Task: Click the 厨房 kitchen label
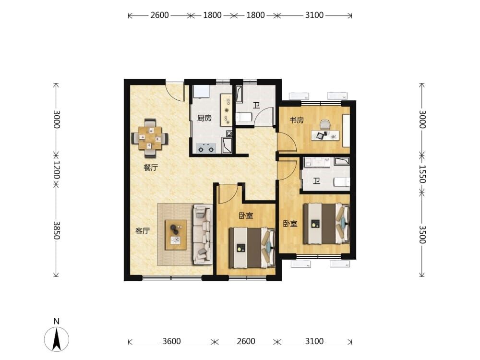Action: [x=204, y=118]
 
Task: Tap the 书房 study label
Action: [x=297, y=120]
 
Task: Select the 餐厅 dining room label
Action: [x=151, y=168]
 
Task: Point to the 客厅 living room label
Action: [x=143, y=231]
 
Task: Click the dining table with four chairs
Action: [x=150, y=138]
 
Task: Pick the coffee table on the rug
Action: [x=176, y=235]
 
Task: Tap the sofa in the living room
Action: [x=203, y=235]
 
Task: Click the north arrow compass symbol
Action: [x=56, y=338]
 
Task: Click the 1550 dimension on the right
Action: [x=422, y=174]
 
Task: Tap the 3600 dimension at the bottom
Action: [x=171, y=341]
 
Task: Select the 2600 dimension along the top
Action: [x=159, y=15]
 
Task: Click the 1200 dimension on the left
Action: [x=57, y=170]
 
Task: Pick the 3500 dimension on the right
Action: [x=422, y=235]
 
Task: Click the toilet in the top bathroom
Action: [x=244, y=118]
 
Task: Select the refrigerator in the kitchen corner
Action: [x=201, y=92]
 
